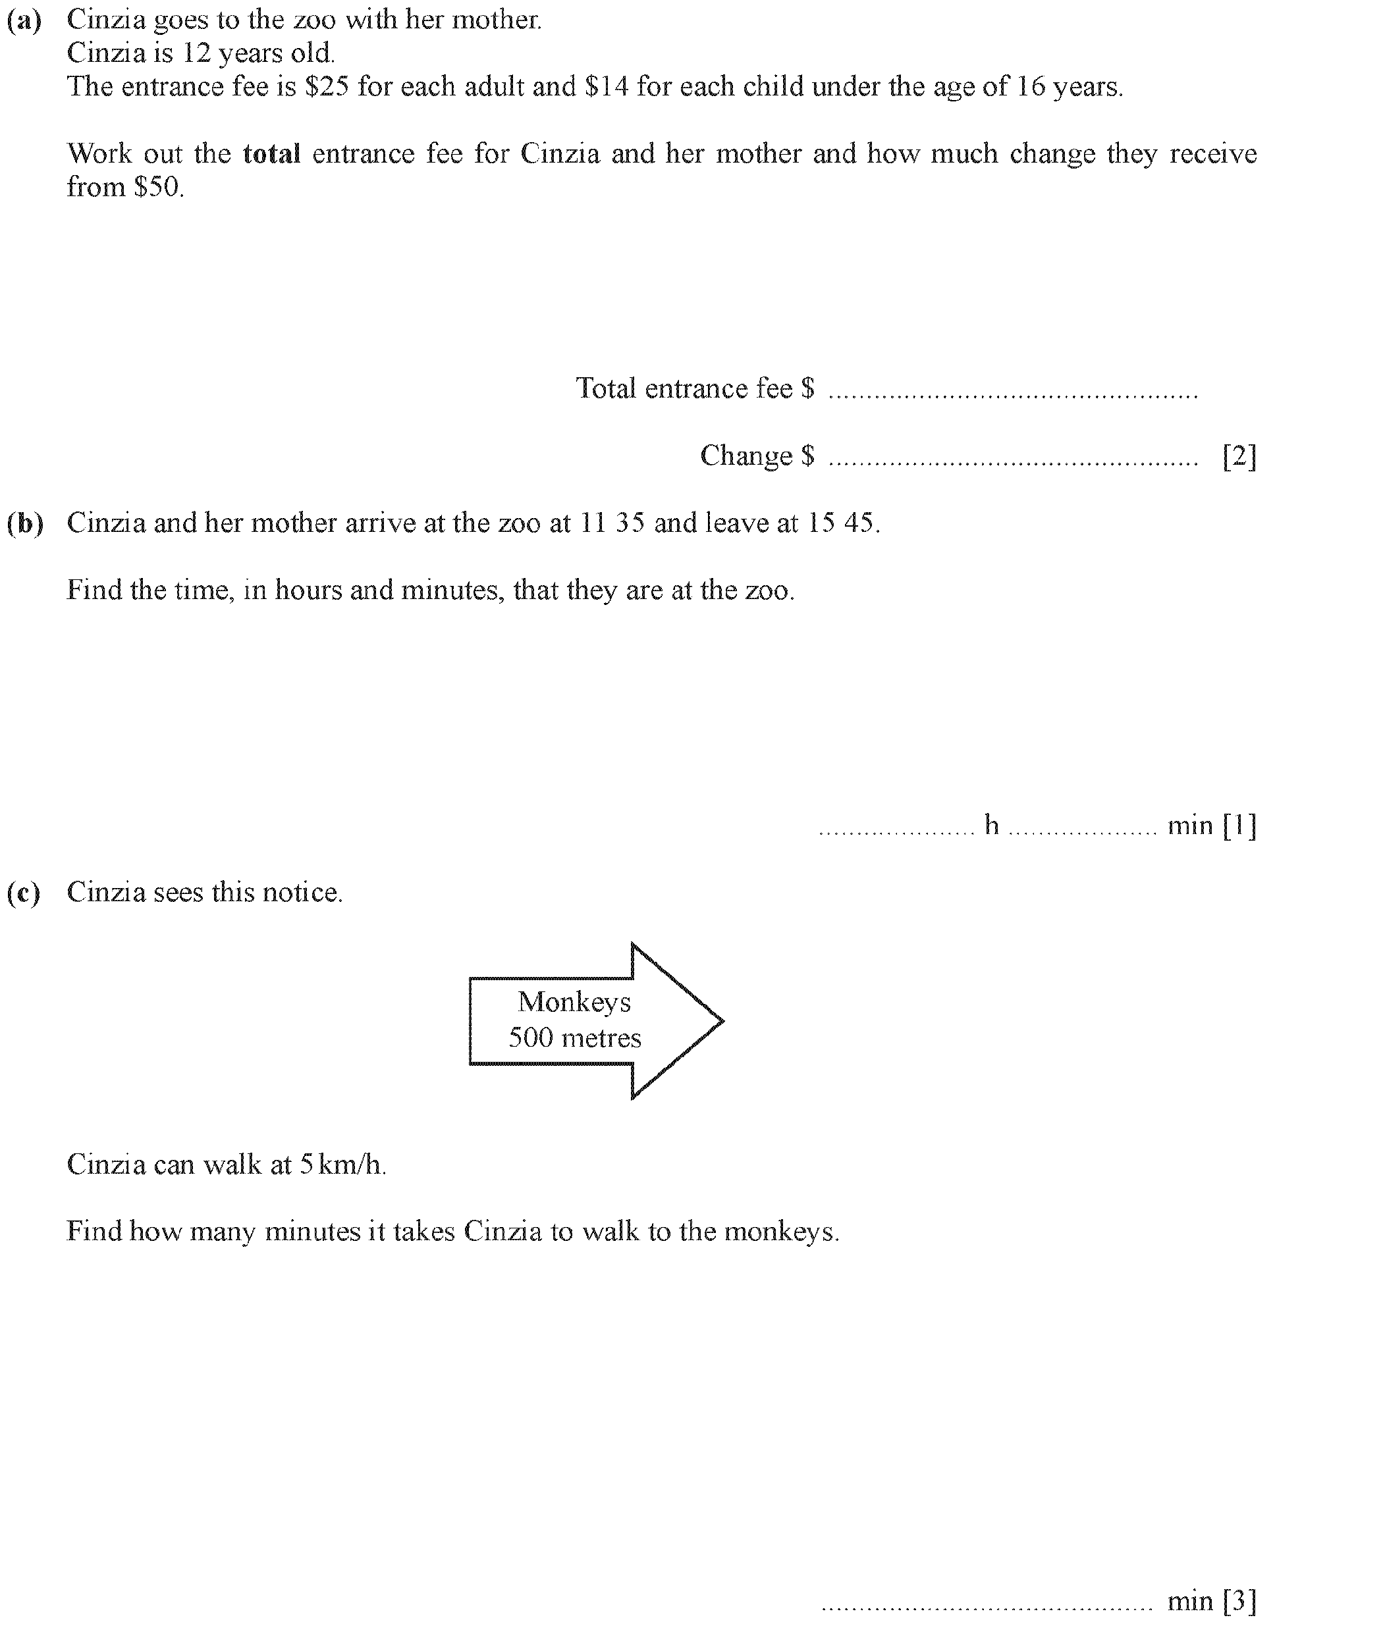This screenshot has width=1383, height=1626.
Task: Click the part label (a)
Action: point(24,20)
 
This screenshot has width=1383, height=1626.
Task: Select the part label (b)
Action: point(24,523)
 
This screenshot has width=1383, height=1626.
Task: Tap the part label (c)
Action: point(24,893)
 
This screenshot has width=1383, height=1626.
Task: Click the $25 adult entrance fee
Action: point(326,86)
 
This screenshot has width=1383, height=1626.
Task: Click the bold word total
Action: point(271,153)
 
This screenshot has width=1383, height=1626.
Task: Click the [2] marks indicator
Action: point(1239,456)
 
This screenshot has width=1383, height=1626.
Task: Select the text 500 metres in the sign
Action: point(575,1038)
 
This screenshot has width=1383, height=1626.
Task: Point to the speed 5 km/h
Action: point(342,1165)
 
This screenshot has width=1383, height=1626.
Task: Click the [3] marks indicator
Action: point(1239,1601)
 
